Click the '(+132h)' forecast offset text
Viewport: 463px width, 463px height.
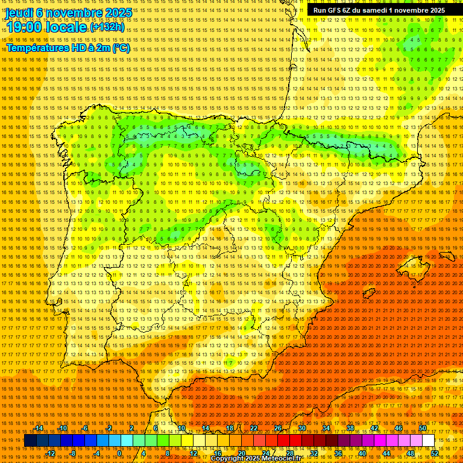tap(107, 27)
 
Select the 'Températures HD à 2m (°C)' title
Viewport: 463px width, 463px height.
tap(68, 48)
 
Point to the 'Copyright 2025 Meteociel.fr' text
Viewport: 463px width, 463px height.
tap(265, 459)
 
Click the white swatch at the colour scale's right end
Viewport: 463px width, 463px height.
tap(428, 441)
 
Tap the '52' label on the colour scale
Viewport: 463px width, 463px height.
tap(435, 453)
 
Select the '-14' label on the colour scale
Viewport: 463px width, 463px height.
tap(39, 428)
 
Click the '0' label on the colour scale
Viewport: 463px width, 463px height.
tap(119, 453)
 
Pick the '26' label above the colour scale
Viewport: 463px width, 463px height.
tap(278, 428)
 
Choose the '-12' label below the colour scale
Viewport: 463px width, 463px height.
tap(51, 453)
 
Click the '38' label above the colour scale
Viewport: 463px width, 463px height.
tap(350, 428)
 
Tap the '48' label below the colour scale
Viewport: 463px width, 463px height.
tap(411, 453)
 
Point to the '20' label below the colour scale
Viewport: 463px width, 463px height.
tap(242, 453)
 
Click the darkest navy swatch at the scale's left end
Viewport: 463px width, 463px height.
tap(30, 441)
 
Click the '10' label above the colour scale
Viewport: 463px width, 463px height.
tap(181, 428)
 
